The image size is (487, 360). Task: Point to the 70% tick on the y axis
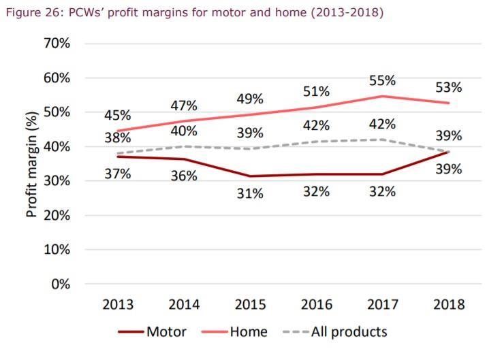tap(58, 44)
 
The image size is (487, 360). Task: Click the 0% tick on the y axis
tap(61, 284)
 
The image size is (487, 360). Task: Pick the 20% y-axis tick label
tap(58, 216)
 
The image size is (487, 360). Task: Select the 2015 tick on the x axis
tap(250, 305)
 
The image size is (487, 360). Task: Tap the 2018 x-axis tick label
tap(449, 305)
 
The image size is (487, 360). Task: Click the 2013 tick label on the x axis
tap(117, 305)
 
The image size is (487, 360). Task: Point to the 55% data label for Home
tap(382, 80)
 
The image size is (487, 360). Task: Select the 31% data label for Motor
tap(250, 194)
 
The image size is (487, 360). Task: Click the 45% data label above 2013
tap(117, 115)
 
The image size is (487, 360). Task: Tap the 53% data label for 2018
tap(449, 87)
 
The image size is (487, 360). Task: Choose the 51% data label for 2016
tap(316, 91)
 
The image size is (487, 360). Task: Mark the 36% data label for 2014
tap(184, 176)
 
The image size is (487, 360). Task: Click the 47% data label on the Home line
tap(184, 106)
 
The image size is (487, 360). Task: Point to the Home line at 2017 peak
tap(383, 96)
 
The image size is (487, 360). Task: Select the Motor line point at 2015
tap(250, 176)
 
